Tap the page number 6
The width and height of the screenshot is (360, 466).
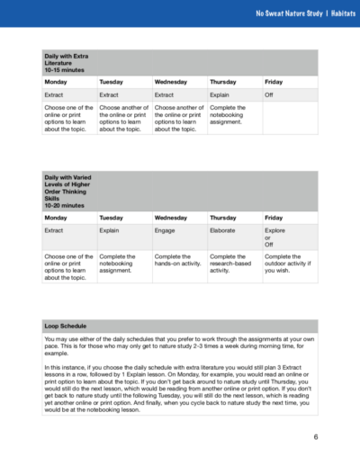point(316,438)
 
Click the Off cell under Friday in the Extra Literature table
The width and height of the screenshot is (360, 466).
point(269,94)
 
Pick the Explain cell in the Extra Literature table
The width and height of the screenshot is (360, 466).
point(220,94)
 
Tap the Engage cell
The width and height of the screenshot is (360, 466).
point(165,230)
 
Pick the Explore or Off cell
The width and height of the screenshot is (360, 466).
point(274,236)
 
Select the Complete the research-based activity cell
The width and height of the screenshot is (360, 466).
point(232,262)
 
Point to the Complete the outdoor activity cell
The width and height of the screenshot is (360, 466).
point(288,262)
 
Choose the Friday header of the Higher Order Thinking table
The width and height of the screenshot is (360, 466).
point(274,217)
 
